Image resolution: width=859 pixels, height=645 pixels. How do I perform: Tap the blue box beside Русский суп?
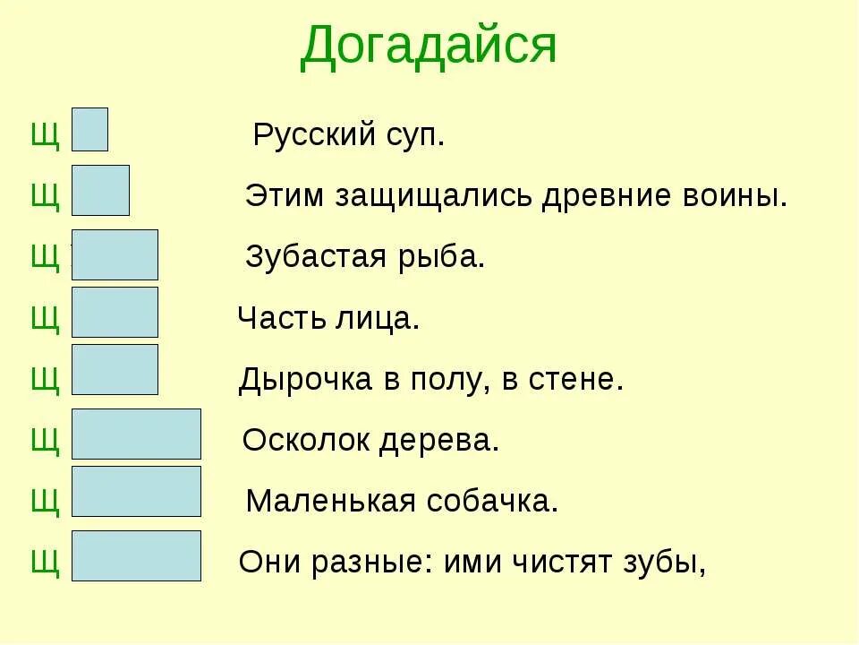coord(89,130)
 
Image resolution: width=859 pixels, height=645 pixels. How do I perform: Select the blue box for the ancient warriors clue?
coord(100,190)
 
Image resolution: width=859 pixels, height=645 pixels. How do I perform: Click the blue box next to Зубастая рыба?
coord(115,254)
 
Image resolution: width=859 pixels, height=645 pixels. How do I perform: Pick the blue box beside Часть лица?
coord(115,312)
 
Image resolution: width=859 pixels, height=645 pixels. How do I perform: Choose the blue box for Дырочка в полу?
coord(115,369)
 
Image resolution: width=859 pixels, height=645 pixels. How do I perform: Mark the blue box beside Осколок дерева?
coord(136,434)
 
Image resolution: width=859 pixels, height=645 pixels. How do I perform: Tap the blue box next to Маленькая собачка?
coord(136,491)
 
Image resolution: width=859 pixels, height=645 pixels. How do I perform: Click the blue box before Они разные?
coord(136,555)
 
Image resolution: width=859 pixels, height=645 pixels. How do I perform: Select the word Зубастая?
coord(310,258)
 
